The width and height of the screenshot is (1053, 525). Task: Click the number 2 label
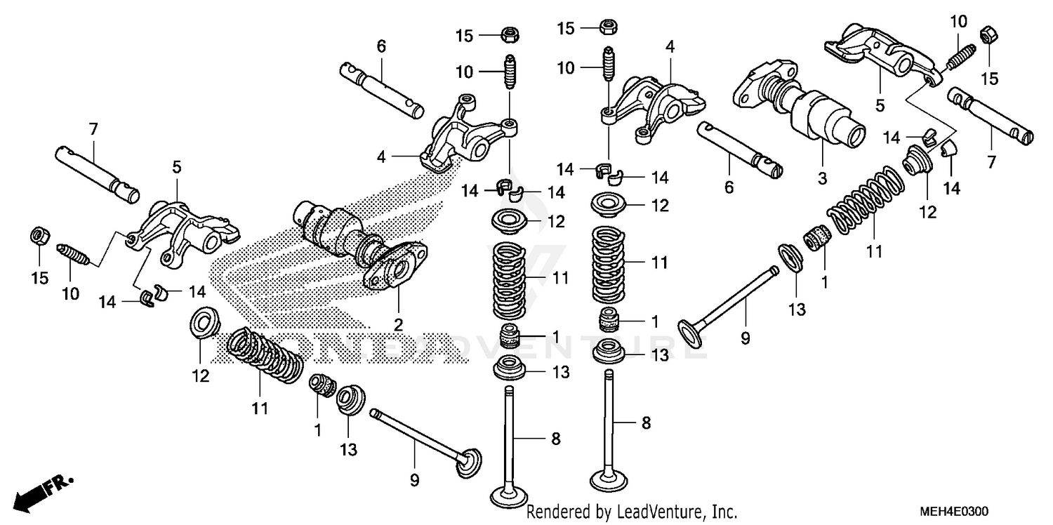point(398,324)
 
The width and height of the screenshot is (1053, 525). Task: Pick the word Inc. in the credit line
point(722,512)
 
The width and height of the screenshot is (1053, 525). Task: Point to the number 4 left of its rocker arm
point(381,158)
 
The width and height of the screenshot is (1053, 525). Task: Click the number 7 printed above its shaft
point(93,128)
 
